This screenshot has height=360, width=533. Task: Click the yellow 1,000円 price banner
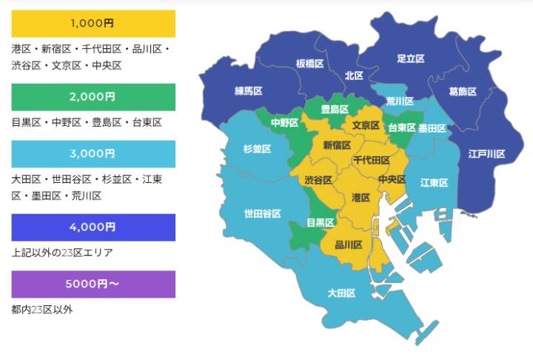[x=93, y=24]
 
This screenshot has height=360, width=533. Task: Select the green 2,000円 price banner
[x=93, y=97]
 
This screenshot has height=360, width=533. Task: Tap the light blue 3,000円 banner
[x=93, y=153]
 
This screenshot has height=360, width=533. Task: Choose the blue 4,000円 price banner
[x=93, y=227]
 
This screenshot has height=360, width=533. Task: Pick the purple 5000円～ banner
[x=93, y=284]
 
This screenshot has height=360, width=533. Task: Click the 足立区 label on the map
[x=410, y=58]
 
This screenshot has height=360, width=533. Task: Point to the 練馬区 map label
[x=249, y=91]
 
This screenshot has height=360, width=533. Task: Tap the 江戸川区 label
[x=486, y=154]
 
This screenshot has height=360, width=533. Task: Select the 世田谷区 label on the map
[x=262, y=214]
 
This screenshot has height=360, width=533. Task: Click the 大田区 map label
[x=341, y=293]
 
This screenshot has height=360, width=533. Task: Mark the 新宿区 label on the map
[x=338, y=145]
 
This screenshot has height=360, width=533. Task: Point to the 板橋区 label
[x=310, y=64]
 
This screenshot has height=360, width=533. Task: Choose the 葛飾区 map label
[x=462, y=92]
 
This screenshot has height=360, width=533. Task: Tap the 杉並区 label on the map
[x=257, y=149]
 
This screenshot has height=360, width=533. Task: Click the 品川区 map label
[x=349, y=244]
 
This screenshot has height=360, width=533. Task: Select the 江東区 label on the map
[x=434, y=182]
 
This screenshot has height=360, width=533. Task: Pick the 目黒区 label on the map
[x=321, y=222]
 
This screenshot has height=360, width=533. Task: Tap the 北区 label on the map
[x=354, y=76]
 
